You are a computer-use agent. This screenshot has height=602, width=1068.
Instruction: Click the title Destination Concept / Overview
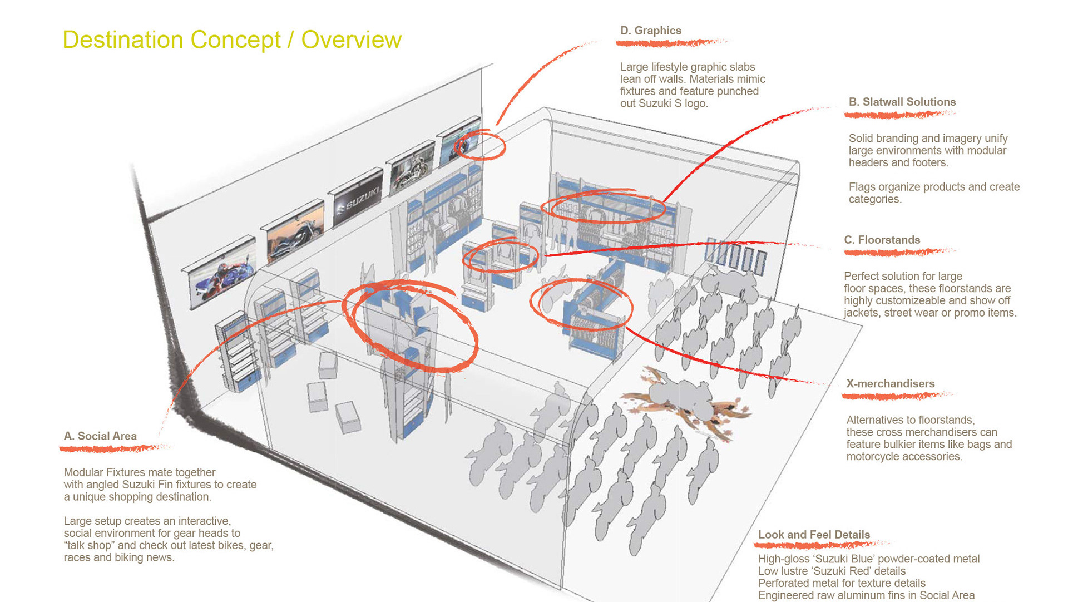231,40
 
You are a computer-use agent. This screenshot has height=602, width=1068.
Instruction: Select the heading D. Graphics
650,31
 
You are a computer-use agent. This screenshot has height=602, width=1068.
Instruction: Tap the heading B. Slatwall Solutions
902,102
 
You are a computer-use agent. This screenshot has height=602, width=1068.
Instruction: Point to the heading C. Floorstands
882,240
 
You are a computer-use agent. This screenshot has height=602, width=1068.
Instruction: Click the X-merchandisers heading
890,383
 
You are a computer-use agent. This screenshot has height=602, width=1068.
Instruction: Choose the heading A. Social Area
100,436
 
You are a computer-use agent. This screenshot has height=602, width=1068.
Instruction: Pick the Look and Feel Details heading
814,534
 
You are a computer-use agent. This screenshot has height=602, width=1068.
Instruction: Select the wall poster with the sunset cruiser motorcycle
295,233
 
